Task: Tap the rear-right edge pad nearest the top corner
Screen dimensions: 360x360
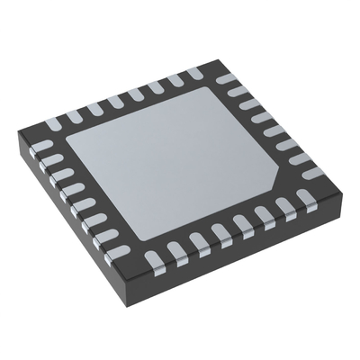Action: point(232,79)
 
